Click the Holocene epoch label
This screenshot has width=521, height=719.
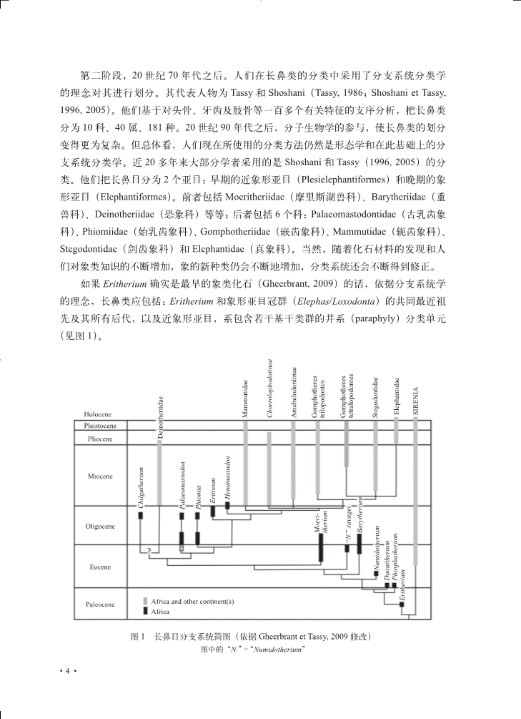tap(97, 414)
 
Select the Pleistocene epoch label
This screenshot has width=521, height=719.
tap(100, 425)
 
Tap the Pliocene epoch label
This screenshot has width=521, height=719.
tap(99, 438)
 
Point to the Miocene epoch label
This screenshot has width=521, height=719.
tap(100, 476)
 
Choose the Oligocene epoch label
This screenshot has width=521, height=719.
tap(100, 526)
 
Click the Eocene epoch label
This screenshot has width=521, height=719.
tap(100, 567)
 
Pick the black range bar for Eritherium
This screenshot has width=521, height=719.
tap(402, 605)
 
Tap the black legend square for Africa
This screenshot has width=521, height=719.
tap(145, 612)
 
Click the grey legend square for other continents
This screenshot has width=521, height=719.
tap(145, 602)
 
